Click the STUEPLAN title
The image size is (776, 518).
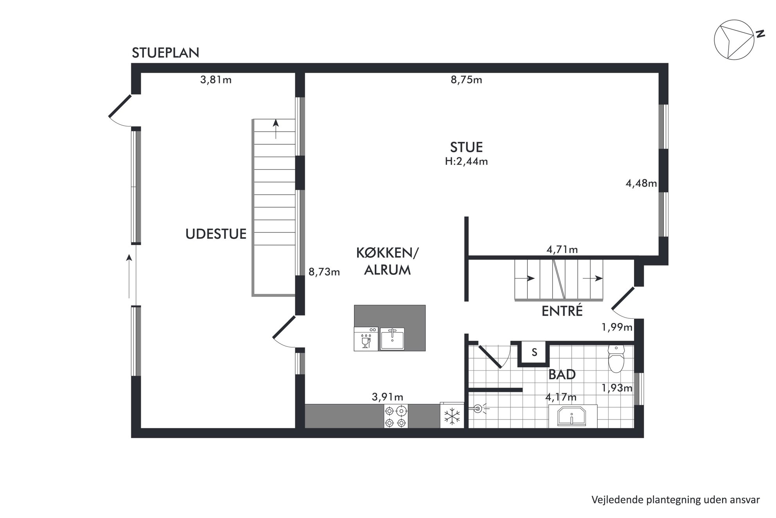[x=165, y=53]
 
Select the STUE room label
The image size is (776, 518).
[x=466, y=147]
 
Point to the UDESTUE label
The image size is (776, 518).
[x=216, y=234]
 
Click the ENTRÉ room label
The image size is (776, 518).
[x=562, y=311]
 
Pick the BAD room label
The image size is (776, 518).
[x=562, y=375]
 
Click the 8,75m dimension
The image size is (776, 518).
[x=466, y=80]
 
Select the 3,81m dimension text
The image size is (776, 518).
[x=216, y=80]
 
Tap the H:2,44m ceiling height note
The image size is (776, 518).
[x=466, y=161]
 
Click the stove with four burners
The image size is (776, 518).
[x=396, y=417]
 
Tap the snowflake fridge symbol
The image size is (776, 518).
[x=452, y=416]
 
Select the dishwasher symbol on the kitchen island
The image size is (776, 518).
[x=366, y=339]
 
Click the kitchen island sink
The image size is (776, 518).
[x=392, y=339]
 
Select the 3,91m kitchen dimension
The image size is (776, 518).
[x=387, y=397]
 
